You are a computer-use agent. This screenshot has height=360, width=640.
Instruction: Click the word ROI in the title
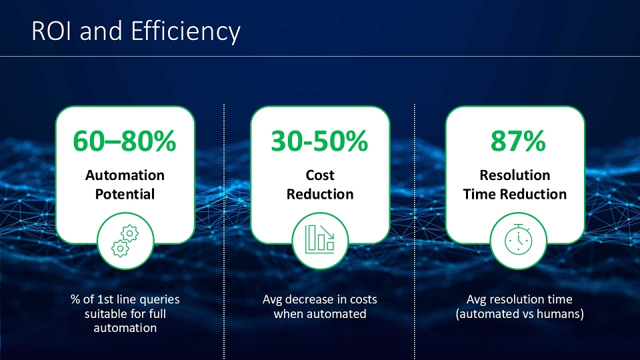pos(53,31)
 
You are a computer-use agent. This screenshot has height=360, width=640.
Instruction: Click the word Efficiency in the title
pos(186,33)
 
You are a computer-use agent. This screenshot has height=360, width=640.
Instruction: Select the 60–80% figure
pos(125,141)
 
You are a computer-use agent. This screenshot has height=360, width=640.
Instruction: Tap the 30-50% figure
pos(319,141)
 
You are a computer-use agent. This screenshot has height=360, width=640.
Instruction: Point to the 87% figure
pos(518,141)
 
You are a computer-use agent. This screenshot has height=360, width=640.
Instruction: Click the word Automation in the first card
pos(125,175)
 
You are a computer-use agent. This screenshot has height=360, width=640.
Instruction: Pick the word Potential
pos(125,194)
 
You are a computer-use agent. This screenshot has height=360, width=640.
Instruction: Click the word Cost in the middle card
pos(320,175)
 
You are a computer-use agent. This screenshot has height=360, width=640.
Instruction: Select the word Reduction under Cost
pos(320,194)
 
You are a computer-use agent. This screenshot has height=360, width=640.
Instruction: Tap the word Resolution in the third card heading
pos(515,175)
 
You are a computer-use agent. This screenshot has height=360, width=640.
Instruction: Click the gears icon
pos(125,241)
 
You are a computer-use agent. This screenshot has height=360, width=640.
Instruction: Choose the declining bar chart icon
pos(320,239)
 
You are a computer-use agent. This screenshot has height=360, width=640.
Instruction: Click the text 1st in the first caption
pos(103,299)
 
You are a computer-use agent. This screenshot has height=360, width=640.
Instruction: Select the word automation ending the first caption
pos(125,328)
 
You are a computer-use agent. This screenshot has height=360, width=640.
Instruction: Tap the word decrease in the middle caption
pos(308,299)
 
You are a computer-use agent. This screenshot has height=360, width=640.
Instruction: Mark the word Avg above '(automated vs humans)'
pos(476,300)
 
